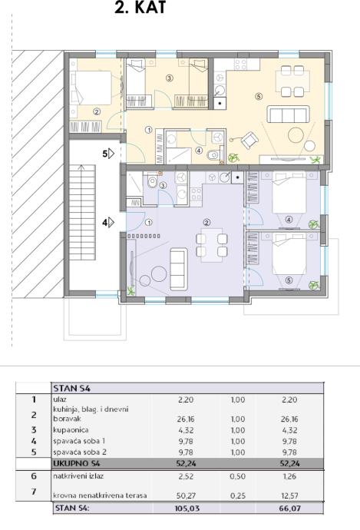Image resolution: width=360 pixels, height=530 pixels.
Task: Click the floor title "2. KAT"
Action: coord(140,8)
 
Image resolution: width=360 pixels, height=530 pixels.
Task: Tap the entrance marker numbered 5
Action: coord(108,154)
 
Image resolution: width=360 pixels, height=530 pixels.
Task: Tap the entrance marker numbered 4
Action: coord(108,223)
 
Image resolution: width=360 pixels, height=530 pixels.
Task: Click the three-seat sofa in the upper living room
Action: coord(289,114)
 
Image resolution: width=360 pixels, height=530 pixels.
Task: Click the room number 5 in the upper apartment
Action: coord(259,97)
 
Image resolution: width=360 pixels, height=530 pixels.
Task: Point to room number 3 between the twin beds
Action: coord(169,78)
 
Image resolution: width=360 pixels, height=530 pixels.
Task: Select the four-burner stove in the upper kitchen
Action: coord(241,65)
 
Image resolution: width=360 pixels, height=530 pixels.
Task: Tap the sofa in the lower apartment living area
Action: coord(178,269)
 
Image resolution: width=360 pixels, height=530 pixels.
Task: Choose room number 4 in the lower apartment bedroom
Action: coord(289,220)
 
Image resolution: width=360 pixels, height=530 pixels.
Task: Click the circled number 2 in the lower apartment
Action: coord(206,223)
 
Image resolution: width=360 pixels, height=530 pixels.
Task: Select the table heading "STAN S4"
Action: coord(71,389)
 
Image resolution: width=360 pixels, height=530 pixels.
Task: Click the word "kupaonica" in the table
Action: coord(71,430)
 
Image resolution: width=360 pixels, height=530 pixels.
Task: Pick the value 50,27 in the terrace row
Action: coord(186,495)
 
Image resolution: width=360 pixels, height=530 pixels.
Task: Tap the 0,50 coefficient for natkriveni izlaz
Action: coord(238,476)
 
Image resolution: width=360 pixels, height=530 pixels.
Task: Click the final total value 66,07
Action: coord(289,508)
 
